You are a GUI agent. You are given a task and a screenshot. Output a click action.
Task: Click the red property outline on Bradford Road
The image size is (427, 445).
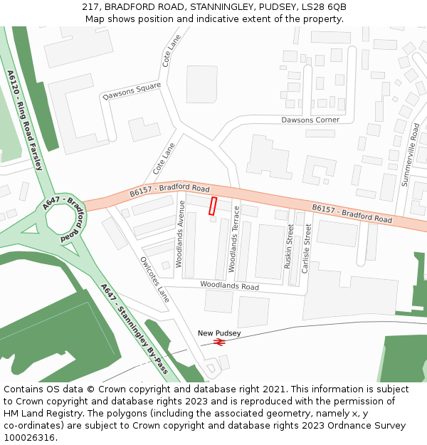pos(211,206)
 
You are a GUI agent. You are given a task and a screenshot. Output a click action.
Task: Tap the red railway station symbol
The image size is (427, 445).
pos(219,342)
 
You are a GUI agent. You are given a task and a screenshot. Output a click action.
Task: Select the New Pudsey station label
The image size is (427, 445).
pos(219,333)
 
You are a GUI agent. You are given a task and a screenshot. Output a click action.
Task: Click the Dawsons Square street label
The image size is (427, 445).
pos(132,91)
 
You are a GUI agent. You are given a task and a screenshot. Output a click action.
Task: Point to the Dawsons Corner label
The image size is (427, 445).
pos(310,120)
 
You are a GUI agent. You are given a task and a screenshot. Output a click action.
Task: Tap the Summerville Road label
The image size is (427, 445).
pos(411,155)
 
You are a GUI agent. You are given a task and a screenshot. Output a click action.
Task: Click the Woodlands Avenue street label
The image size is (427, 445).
pos(180,234)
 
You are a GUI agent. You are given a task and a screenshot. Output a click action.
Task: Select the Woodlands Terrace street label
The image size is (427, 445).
pos(233,244)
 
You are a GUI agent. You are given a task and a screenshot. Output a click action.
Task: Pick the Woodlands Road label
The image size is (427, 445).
pos(229,285)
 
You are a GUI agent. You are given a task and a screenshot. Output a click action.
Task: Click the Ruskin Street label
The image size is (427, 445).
pos(288,246)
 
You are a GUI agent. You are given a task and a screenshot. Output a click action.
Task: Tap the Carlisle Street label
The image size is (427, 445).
pos(307,248)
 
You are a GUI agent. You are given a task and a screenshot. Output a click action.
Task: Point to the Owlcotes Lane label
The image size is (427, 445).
pos(154,279)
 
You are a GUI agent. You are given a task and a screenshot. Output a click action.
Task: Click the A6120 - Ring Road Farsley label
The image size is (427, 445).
pos(25,120)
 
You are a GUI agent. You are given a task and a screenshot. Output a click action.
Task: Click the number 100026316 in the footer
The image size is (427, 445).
pos(29,437)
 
